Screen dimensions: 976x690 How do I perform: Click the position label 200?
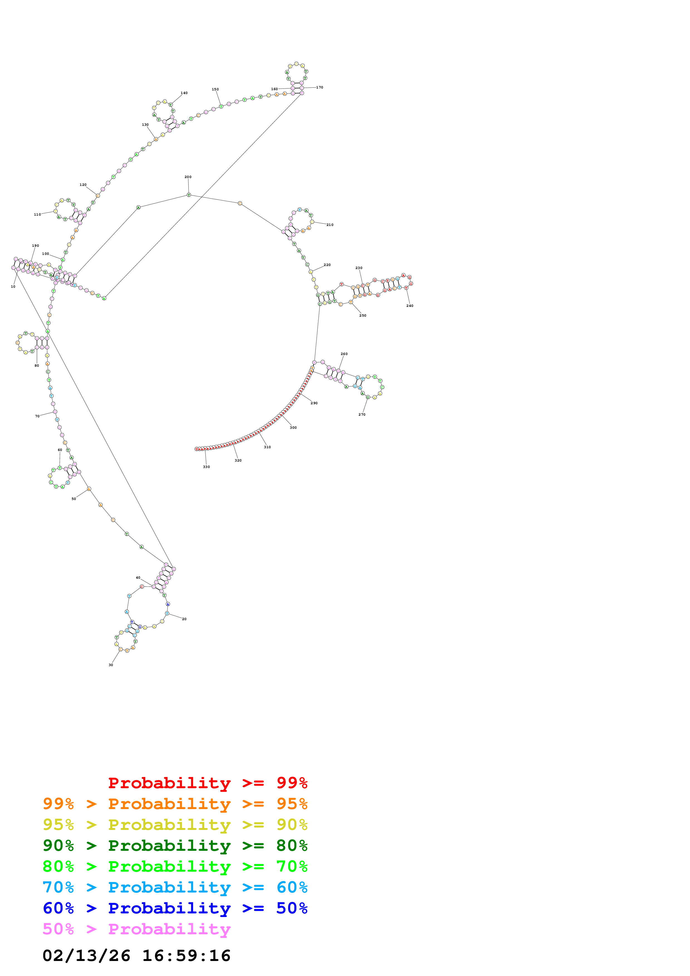(x=188, y=177)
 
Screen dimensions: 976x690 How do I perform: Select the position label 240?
(x=409, y=306)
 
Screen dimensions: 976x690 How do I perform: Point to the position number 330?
(x=206, y=467)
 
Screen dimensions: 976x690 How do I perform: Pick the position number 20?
(x=184, y=619)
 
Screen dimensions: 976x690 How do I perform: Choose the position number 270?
(x=362, y=415)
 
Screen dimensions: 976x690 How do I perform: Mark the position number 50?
(x=73, y=499)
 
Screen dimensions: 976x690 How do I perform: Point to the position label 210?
(x=330, y=225)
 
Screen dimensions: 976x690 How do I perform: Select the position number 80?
(x=36, y=366)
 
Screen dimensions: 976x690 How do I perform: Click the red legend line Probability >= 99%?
(x=207, y=783)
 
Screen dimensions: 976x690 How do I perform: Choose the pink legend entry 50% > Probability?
(x=136, y=929)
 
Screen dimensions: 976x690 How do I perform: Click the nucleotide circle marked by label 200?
(x=189, y=195)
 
